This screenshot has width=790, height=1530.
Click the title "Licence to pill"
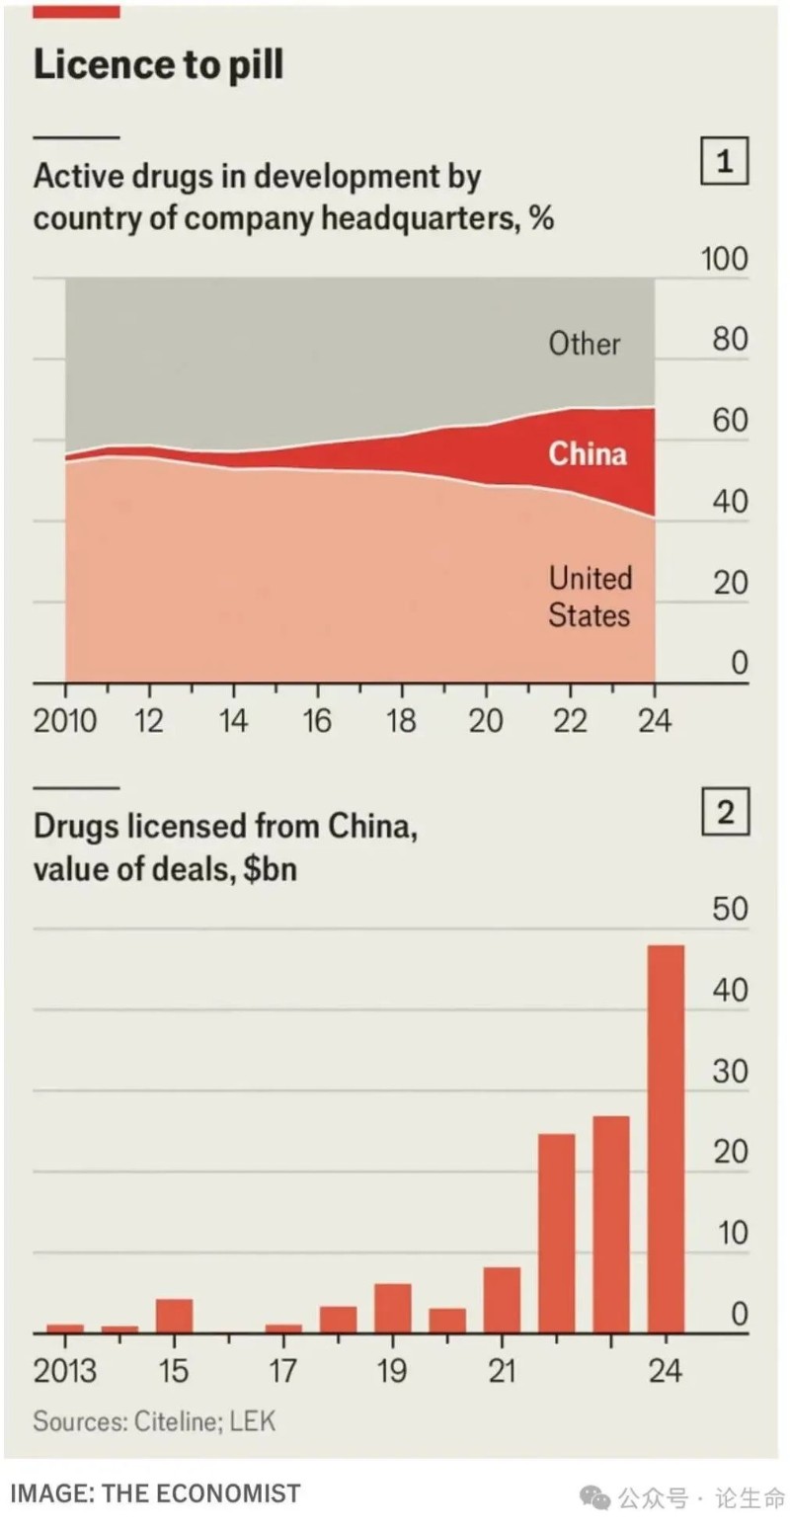158,65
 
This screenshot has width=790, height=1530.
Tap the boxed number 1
725,163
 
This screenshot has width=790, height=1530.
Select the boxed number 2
725,815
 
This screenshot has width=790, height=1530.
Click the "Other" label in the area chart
585,345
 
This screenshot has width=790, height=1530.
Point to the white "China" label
588,453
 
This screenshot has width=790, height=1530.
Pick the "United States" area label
590,597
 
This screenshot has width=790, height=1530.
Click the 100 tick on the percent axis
725,260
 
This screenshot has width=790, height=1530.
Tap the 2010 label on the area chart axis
65,720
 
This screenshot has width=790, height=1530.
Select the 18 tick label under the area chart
401,720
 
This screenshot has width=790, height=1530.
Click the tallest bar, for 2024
666,1139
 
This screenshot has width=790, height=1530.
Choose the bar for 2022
556,1234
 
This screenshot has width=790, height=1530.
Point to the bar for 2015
174,1316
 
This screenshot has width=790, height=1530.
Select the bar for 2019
392,1309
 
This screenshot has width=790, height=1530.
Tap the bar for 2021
502,1300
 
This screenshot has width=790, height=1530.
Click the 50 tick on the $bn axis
731,911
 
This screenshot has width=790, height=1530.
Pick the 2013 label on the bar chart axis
65,1371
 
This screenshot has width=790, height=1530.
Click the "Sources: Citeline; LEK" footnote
154,1421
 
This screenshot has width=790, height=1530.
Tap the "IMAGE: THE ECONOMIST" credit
156,1493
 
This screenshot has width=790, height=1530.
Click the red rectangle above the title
77,11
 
